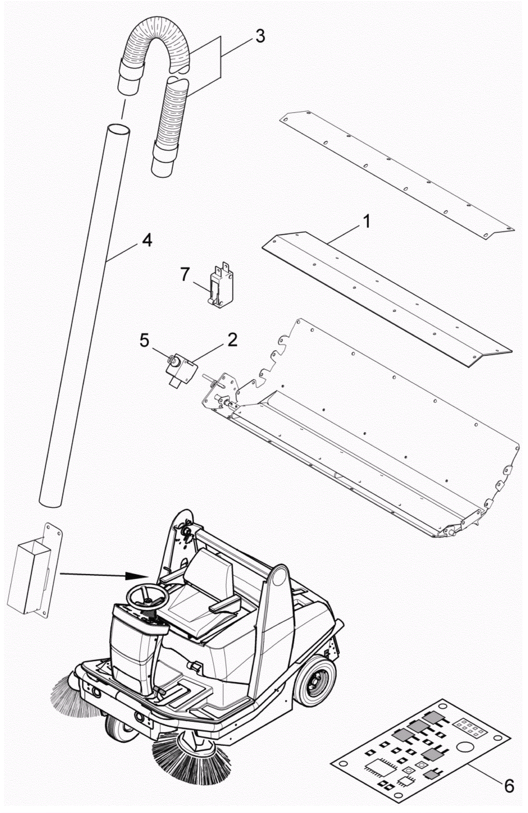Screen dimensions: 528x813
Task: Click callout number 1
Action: point(366,222)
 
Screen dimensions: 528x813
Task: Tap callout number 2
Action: point(232,340)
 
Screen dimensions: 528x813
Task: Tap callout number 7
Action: point(185,274)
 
